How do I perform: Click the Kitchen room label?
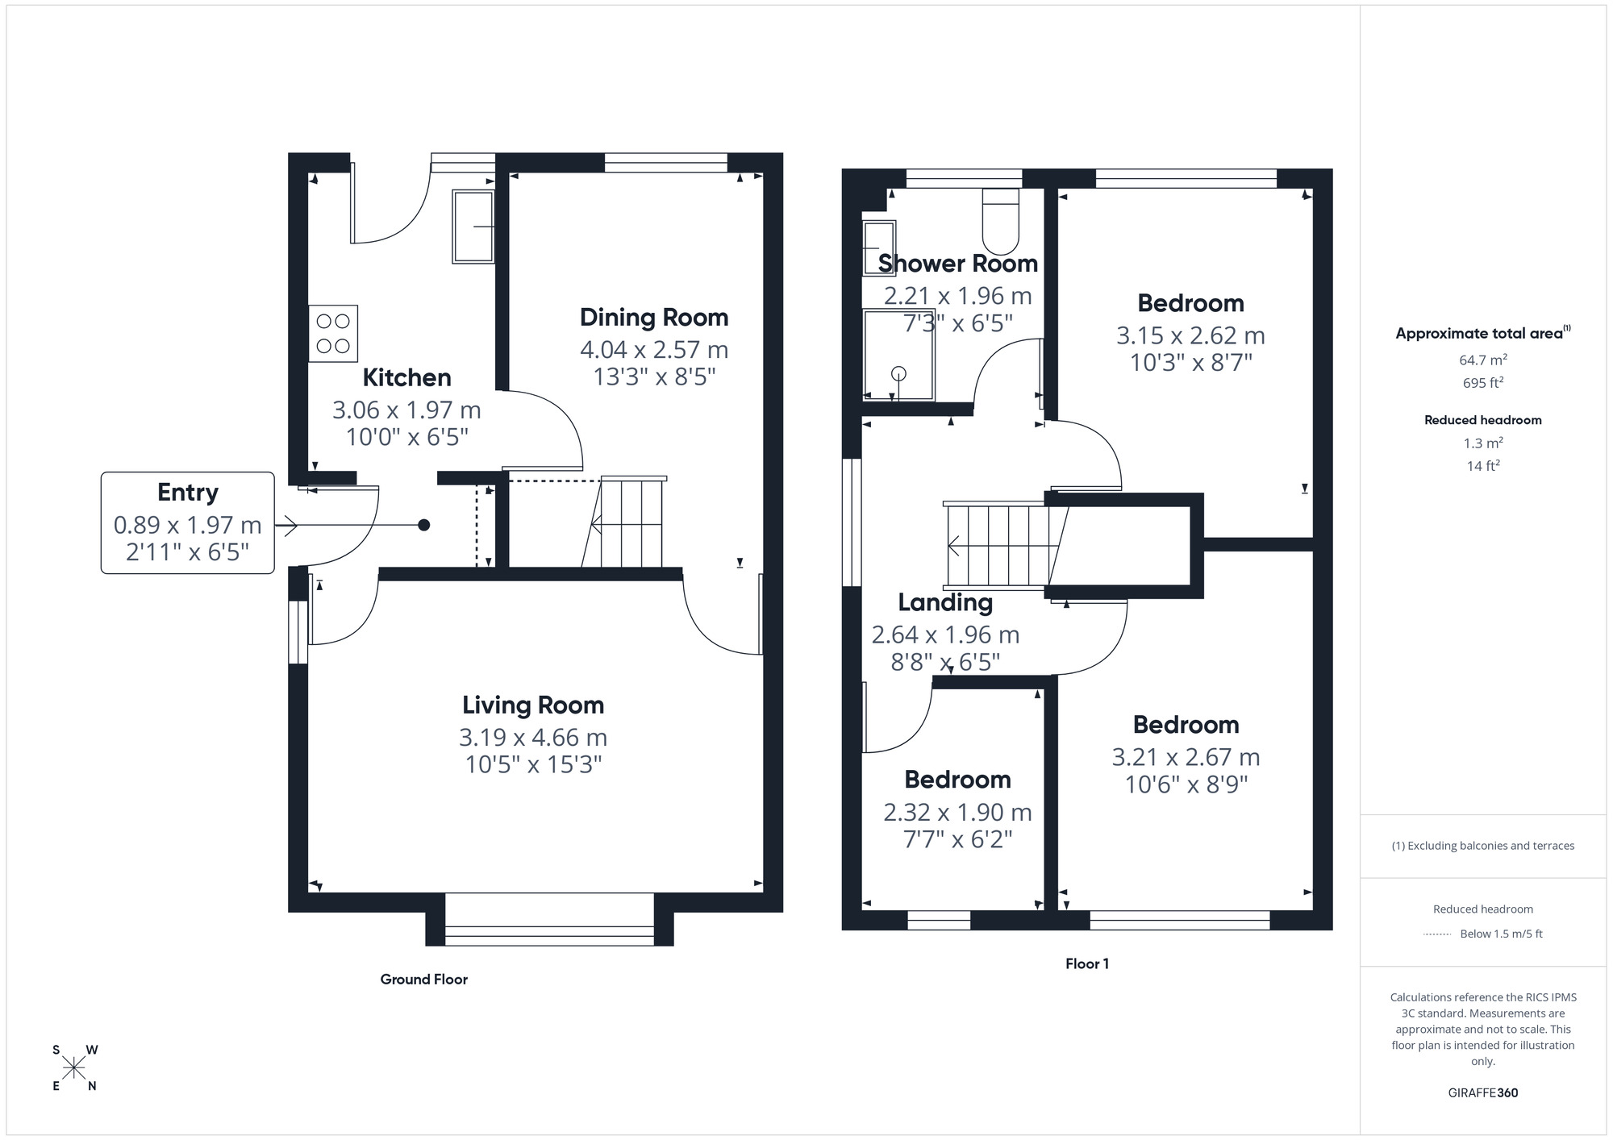click(406, 377)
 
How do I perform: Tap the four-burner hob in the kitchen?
click(333, 333)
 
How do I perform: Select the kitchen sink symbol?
click(473, 227)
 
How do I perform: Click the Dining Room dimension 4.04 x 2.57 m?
click(653, 350)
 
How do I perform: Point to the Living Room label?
click(532, 705)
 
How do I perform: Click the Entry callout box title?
click(187, 493)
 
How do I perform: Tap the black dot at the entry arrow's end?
click(423, 526)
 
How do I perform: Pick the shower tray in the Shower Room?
click(898, 355)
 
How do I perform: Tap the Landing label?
click(945, 602)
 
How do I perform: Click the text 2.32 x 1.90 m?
click(957, 812)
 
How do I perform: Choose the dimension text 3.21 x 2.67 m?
click(1186, 757)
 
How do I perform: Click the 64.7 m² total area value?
click(1482, 360)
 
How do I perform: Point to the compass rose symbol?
click(74, 1068)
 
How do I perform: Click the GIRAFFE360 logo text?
click(1482, 1093)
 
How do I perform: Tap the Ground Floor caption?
click(423, 980)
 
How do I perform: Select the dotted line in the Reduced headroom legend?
click(1437, 934)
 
